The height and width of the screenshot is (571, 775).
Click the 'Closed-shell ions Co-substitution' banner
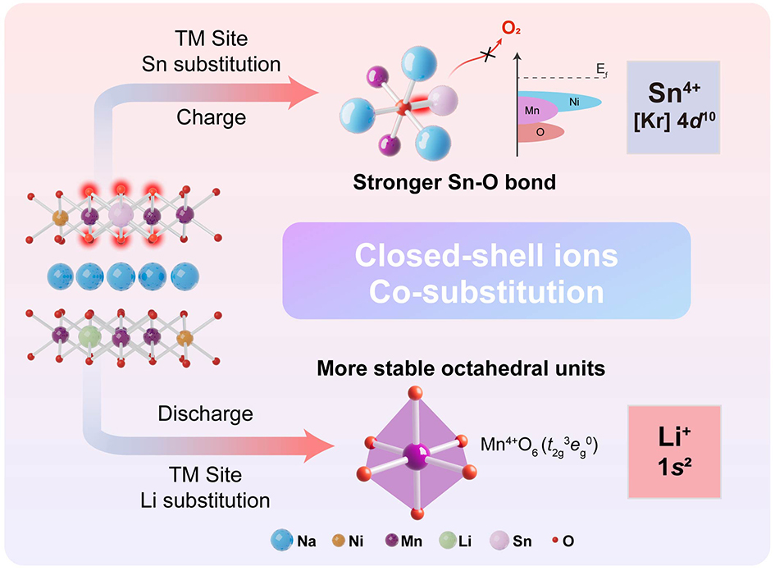pyautogui.click(x=486, y=272)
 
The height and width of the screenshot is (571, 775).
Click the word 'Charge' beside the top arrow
pyautogui.click(x=211, y=117)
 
